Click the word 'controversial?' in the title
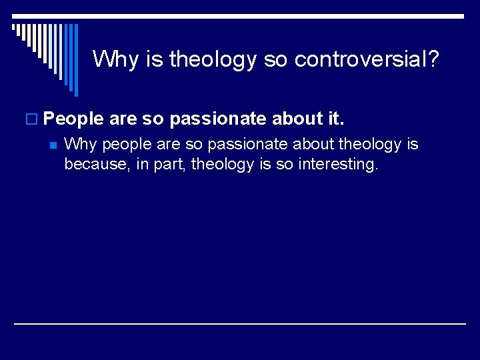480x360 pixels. point(367,59)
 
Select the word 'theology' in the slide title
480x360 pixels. point(213,60)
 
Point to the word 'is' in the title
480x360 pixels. point(154,59)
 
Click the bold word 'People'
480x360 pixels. point(73,119)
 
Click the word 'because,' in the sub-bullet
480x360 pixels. point(93,164)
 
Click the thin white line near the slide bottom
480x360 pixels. point(240,323)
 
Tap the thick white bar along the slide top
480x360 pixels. point(240,15)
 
